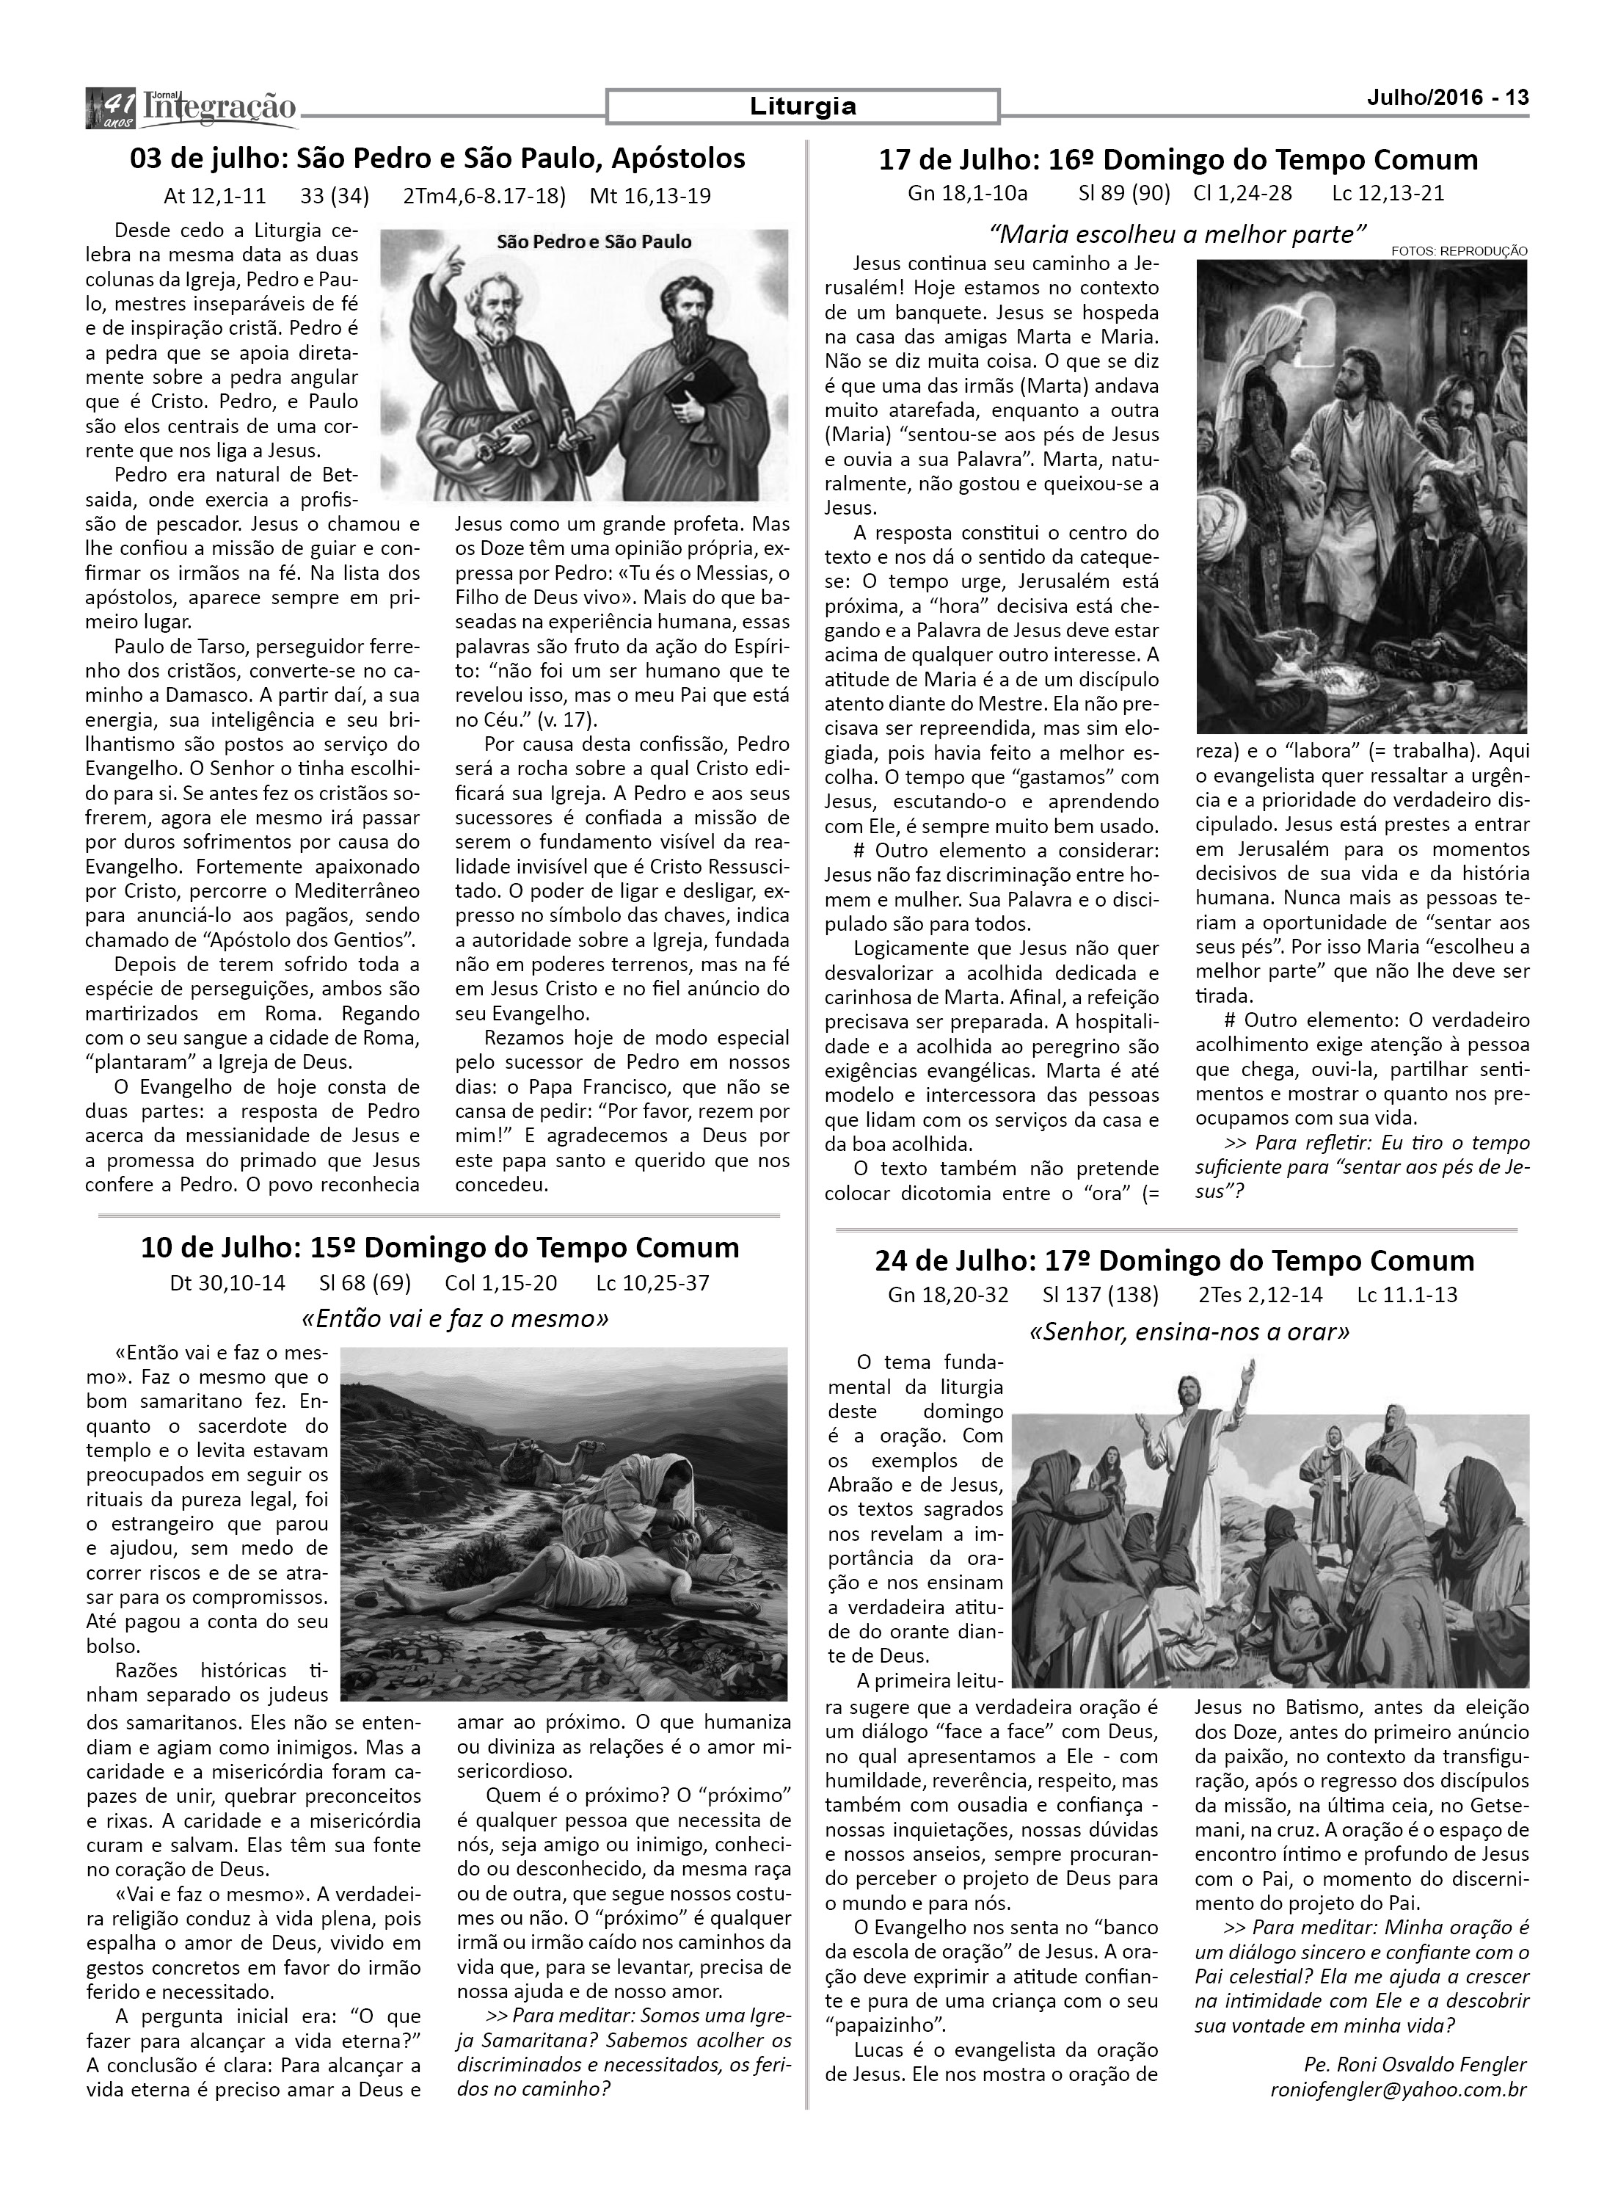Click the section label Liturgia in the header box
[802, 106]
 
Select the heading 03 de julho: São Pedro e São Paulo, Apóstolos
[438, 158]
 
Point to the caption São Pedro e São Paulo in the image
[594, 241]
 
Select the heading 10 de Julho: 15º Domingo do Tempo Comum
[440, 1248]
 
